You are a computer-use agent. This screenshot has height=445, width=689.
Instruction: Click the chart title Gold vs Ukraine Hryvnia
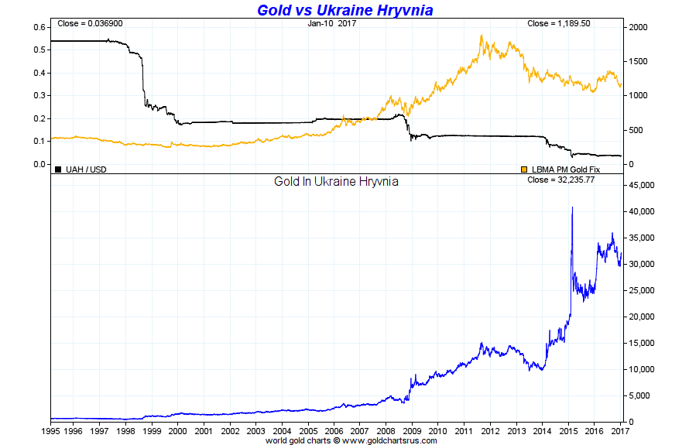click(344, 10)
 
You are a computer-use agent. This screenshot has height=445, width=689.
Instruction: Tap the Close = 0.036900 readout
click(89, 23)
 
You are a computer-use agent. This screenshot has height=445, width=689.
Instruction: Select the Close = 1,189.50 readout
click(558, 23)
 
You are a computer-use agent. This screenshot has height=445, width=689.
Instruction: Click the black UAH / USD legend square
click(58, 169)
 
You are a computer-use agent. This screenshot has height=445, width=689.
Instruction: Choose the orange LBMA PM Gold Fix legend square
click(524, 169)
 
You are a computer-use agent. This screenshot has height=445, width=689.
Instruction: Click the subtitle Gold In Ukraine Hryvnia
click(336, 182)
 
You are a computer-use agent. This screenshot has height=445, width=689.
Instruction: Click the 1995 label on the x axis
click(50, 430)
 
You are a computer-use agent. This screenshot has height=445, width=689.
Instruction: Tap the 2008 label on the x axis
click(386, 430)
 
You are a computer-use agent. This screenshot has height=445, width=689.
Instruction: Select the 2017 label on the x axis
click(619, 430)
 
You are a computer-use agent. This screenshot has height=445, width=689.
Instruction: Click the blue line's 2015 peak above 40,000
click(572, 207)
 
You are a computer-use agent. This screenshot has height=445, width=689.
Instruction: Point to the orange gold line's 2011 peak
click(482, 35)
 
